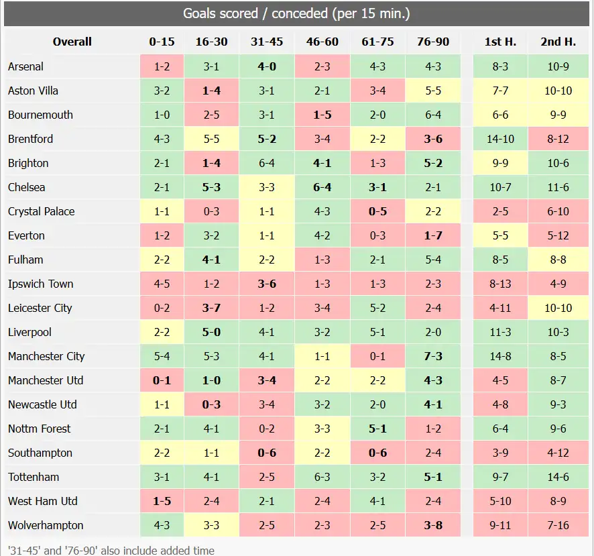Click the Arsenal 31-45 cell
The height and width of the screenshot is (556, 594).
267,66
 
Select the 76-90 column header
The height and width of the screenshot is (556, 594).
433,42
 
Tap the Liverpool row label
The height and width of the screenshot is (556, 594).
29,332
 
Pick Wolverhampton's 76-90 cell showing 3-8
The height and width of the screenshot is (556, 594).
433,525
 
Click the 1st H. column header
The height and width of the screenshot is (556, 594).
500,42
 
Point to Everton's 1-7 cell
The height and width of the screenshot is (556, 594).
433,235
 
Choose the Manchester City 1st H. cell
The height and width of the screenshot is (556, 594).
500,356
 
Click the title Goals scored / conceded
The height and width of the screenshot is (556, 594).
297,13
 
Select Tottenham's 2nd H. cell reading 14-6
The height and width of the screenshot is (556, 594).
558,477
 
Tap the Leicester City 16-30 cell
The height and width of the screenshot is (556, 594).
211,308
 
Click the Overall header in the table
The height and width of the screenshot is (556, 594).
72,42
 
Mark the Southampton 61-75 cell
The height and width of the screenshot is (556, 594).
377,453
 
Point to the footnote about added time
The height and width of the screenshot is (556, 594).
111,550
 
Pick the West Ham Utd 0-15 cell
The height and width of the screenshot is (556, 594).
162,501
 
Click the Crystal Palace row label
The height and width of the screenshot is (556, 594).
42,211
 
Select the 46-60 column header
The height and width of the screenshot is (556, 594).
322,42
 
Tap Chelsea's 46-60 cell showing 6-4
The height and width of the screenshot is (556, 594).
322,187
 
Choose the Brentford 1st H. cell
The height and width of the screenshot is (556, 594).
500,139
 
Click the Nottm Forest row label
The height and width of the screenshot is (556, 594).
39,429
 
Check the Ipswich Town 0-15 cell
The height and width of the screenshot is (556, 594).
162,284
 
